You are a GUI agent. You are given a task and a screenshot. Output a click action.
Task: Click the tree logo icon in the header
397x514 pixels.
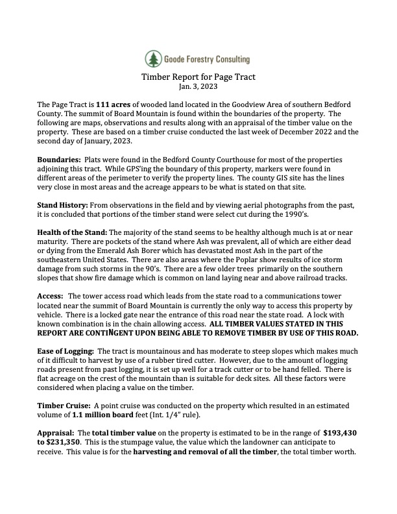click(154, 59)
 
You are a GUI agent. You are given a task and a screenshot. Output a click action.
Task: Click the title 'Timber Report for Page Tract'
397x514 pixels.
click(198, 77)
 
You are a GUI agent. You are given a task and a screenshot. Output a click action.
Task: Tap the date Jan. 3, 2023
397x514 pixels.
click(198, 86)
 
